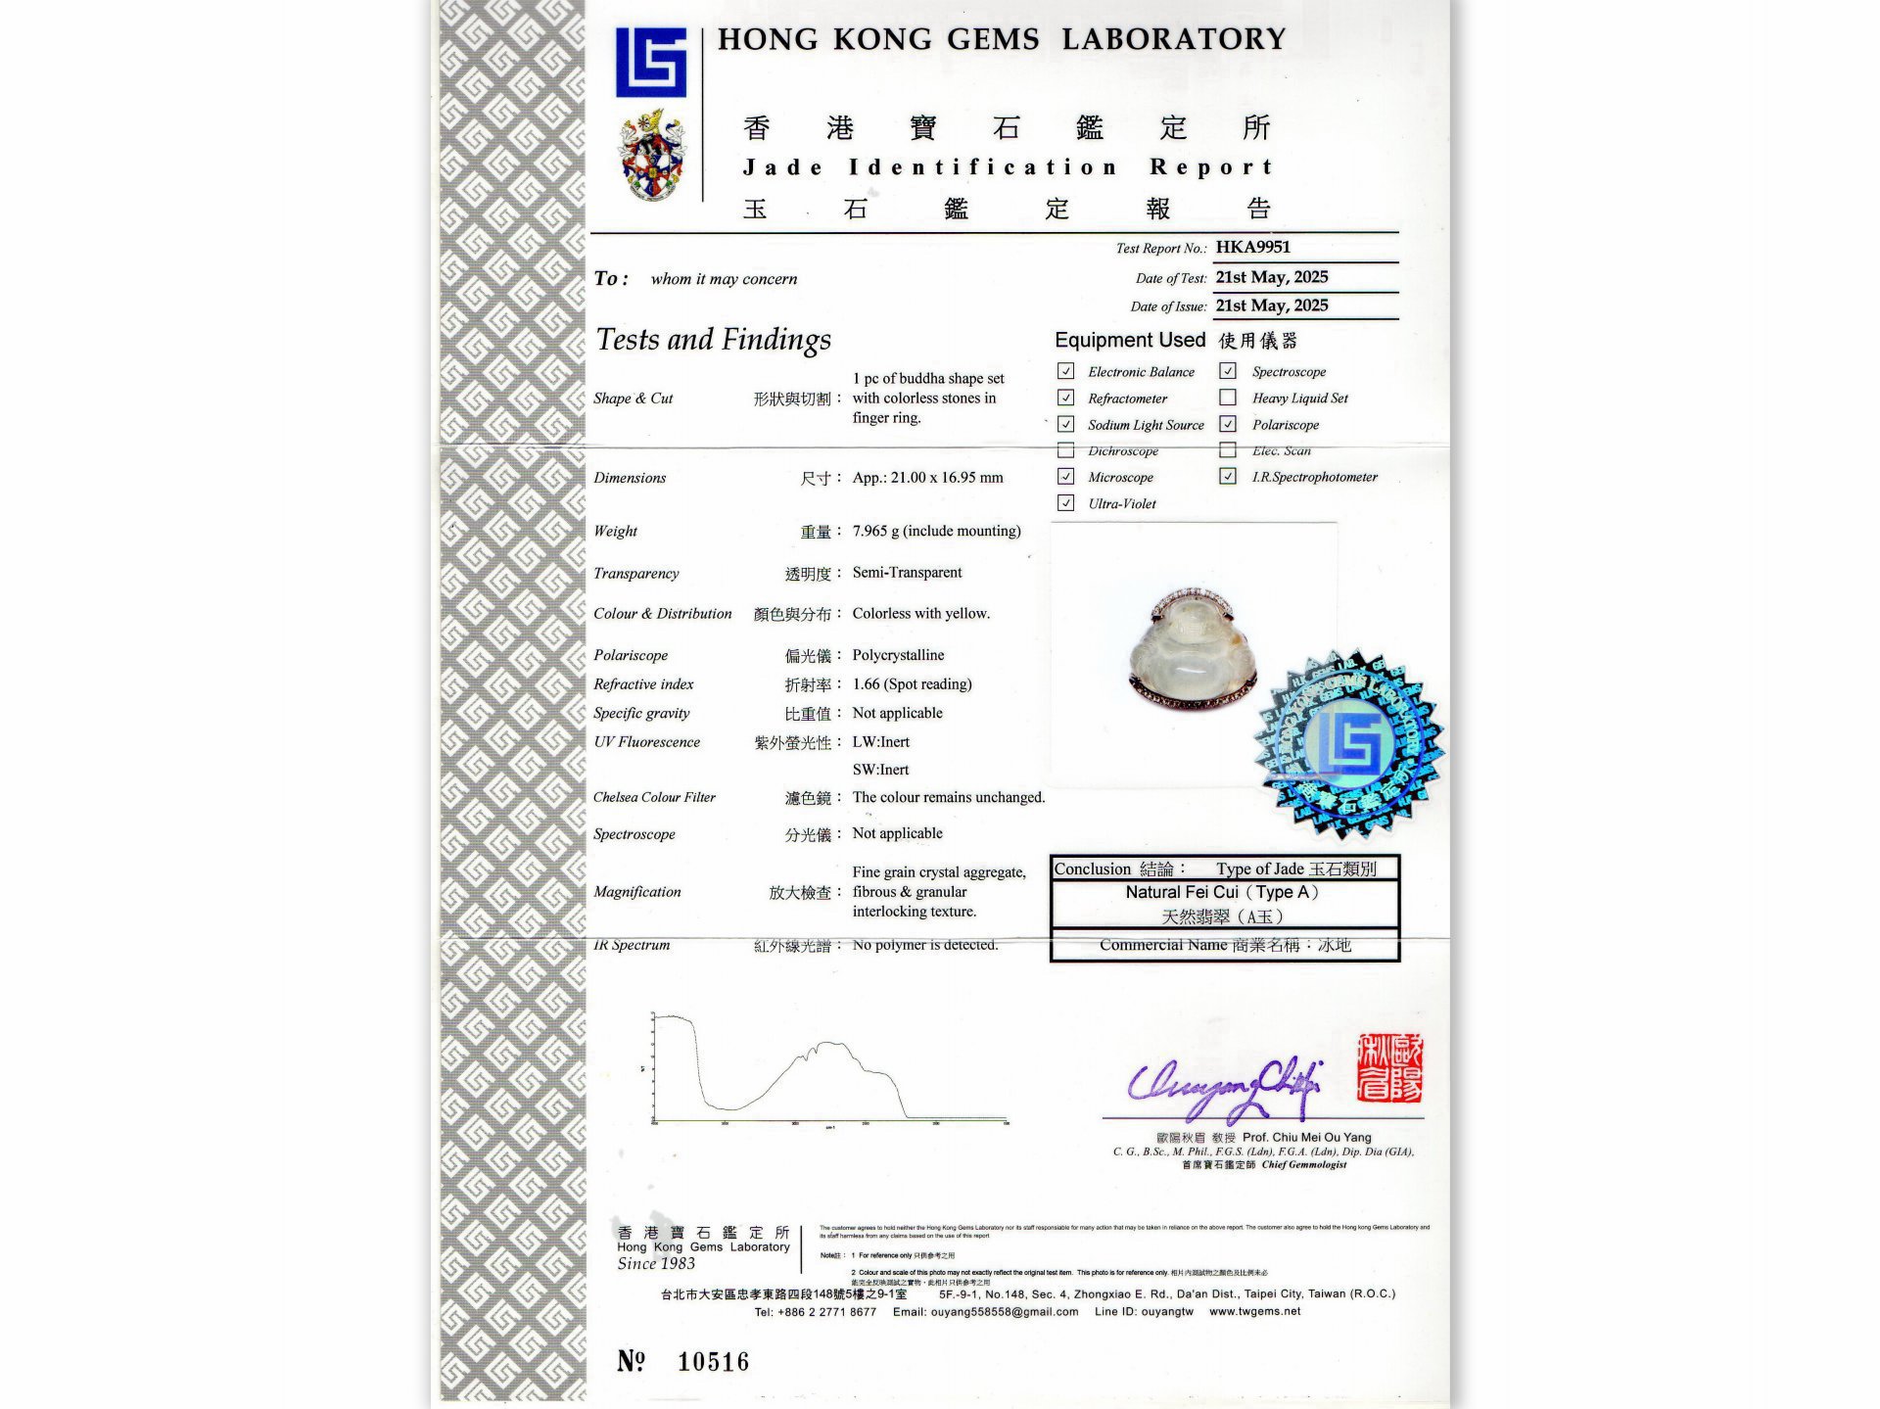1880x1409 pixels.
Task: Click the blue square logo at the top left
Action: tap(650, 63)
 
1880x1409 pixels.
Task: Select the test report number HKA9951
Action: tap(1252, 248)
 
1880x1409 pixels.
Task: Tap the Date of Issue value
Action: tap(1271, 305)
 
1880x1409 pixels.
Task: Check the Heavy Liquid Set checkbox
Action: tap(1227, 398)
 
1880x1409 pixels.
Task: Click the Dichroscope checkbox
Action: tap(1065, 450)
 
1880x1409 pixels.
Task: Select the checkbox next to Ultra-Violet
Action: tap(1065, 503)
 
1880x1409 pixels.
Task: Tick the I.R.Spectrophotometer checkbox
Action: tap(1227, 477)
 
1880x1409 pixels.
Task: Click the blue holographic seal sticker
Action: tap(1350, 744)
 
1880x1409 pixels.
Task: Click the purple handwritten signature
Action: tap(1225, 1087)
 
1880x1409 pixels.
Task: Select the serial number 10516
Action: tap(713, 1362)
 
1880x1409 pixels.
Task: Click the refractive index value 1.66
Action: tap(912, 684)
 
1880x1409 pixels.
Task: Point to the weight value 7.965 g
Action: tap(935, 531)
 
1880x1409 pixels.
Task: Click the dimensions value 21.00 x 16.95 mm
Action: tap(927, 478)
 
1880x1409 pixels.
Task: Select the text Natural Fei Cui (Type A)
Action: tap(1222, 892)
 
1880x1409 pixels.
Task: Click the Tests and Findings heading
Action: tap(713, 340)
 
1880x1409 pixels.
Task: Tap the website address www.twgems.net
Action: tap(1254, 1311)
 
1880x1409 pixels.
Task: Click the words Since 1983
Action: tap(656, 1264)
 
